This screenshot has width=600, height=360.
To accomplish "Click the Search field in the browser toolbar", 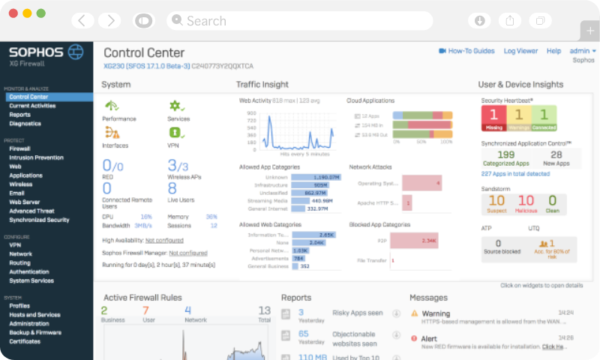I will [x=300, y=21].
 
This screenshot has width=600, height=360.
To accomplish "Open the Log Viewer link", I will [x=520, y=51].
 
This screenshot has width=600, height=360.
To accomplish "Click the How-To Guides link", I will [x=471, y=51].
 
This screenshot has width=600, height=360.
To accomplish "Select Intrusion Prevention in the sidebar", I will [x=36, y=157].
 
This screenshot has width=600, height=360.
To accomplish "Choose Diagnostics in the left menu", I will [x=25, y=124].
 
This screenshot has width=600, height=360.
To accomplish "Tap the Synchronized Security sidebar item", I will [x=39, y=220].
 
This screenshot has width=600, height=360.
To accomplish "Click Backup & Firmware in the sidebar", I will [x=35, y=332].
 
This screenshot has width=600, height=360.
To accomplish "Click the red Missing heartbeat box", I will [x=493, y=117].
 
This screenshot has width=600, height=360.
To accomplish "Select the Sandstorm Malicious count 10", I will [x=526, y=202].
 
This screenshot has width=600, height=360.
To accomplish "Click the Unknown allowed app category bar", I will [x=315, y=177].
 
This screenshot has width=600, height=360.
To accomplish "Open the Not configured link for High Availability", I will [x=164, y=240].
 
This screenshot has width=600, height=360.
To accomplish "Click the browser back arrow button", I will [x=83, y=21].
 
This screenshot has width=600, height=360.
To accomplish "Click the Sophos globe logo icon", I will [x=76, y=52].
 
